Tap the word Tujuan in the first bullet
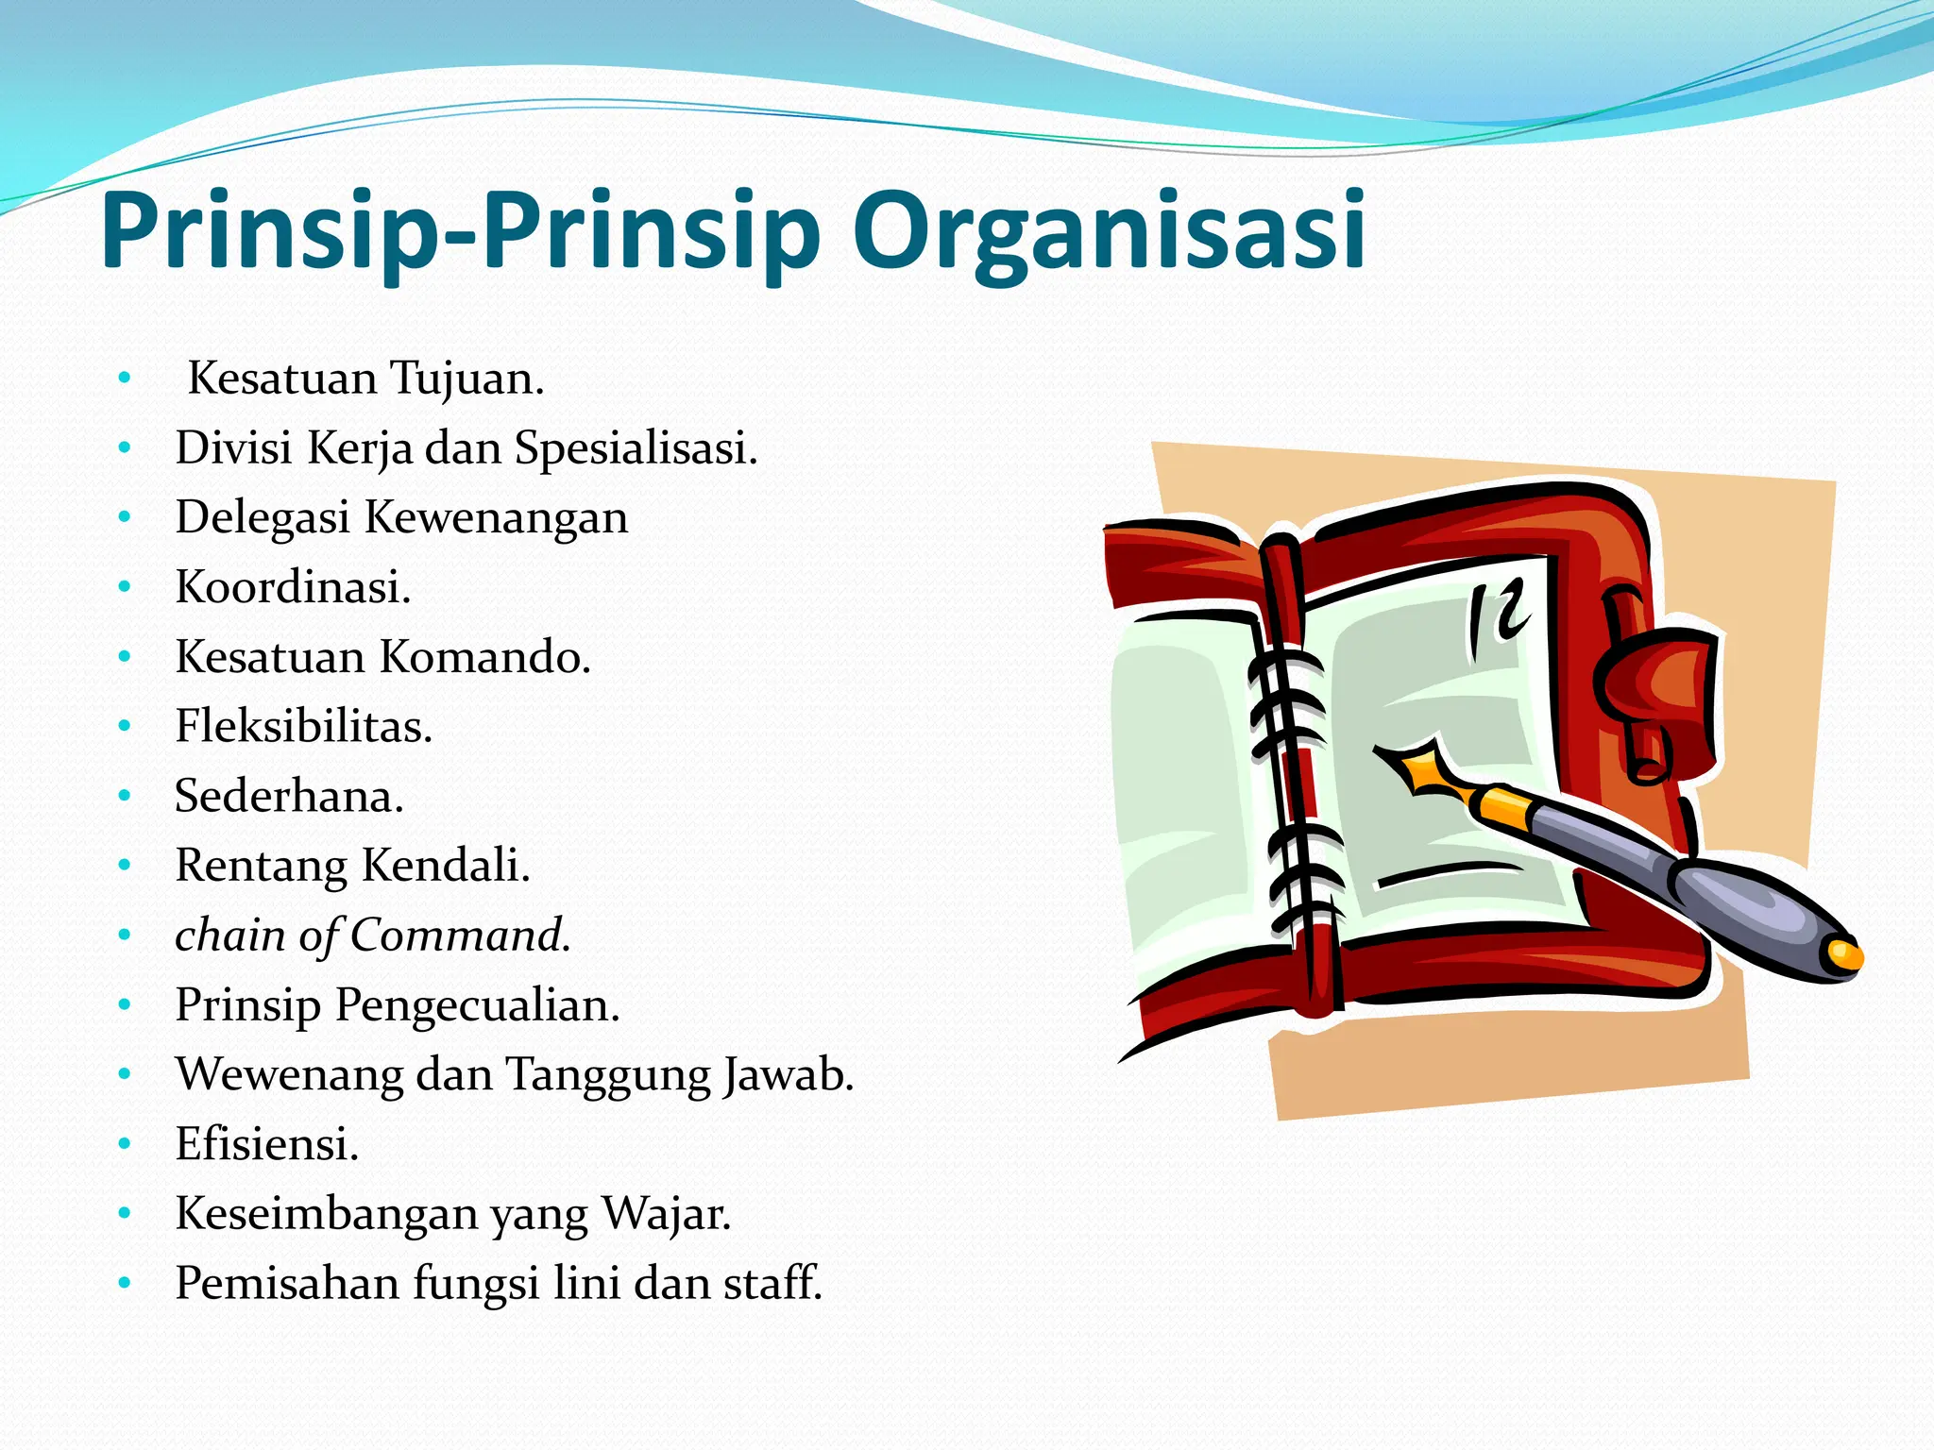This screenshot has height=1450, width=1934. point(467,379)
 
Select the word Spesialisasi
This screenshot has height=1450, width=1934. point(635,448)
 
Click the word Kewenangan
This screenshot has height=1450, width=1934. point(496,518)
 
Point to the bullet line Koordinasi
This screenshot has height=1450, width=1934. point(293,587)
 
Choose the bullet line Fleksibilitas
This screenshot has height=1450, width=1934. point(303,727)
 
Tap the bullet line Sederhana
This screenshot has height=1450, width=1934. point(289,796)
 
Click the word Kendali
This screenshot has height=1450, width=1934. point(446,866)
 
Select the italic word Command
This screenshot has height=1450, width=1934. point(460,936)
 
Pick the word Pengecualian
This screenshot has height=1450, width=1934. point(477,1005)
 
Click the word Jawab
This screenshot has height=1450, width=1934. point(789,1074)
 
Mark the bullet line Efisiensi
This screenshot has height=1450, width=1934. point(267,1144)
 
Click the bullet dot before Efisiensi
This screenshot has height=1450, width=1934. point(125,1145)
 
